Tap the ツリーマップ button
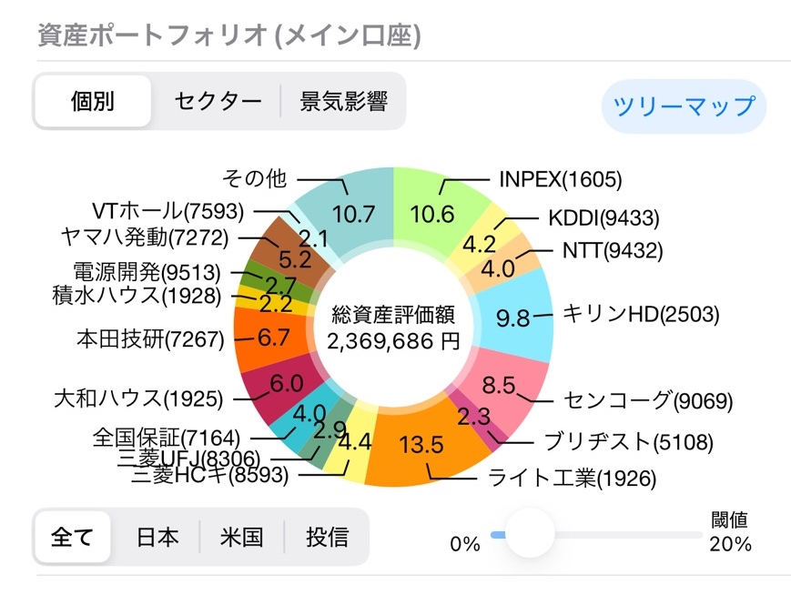684,106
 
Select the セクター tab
218,101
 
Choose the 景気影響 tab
344,101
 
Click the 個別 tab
93,101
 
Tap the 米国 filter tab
241,537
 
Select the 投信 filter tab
327,537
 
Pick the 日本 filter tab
157,537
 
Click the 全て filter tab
73,537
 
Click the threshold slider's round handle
529,534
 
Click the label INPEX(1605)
560,179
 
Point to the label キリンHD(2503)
641,315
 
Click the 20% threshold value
730,544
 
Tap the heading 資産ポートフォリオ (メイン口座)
228,35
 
